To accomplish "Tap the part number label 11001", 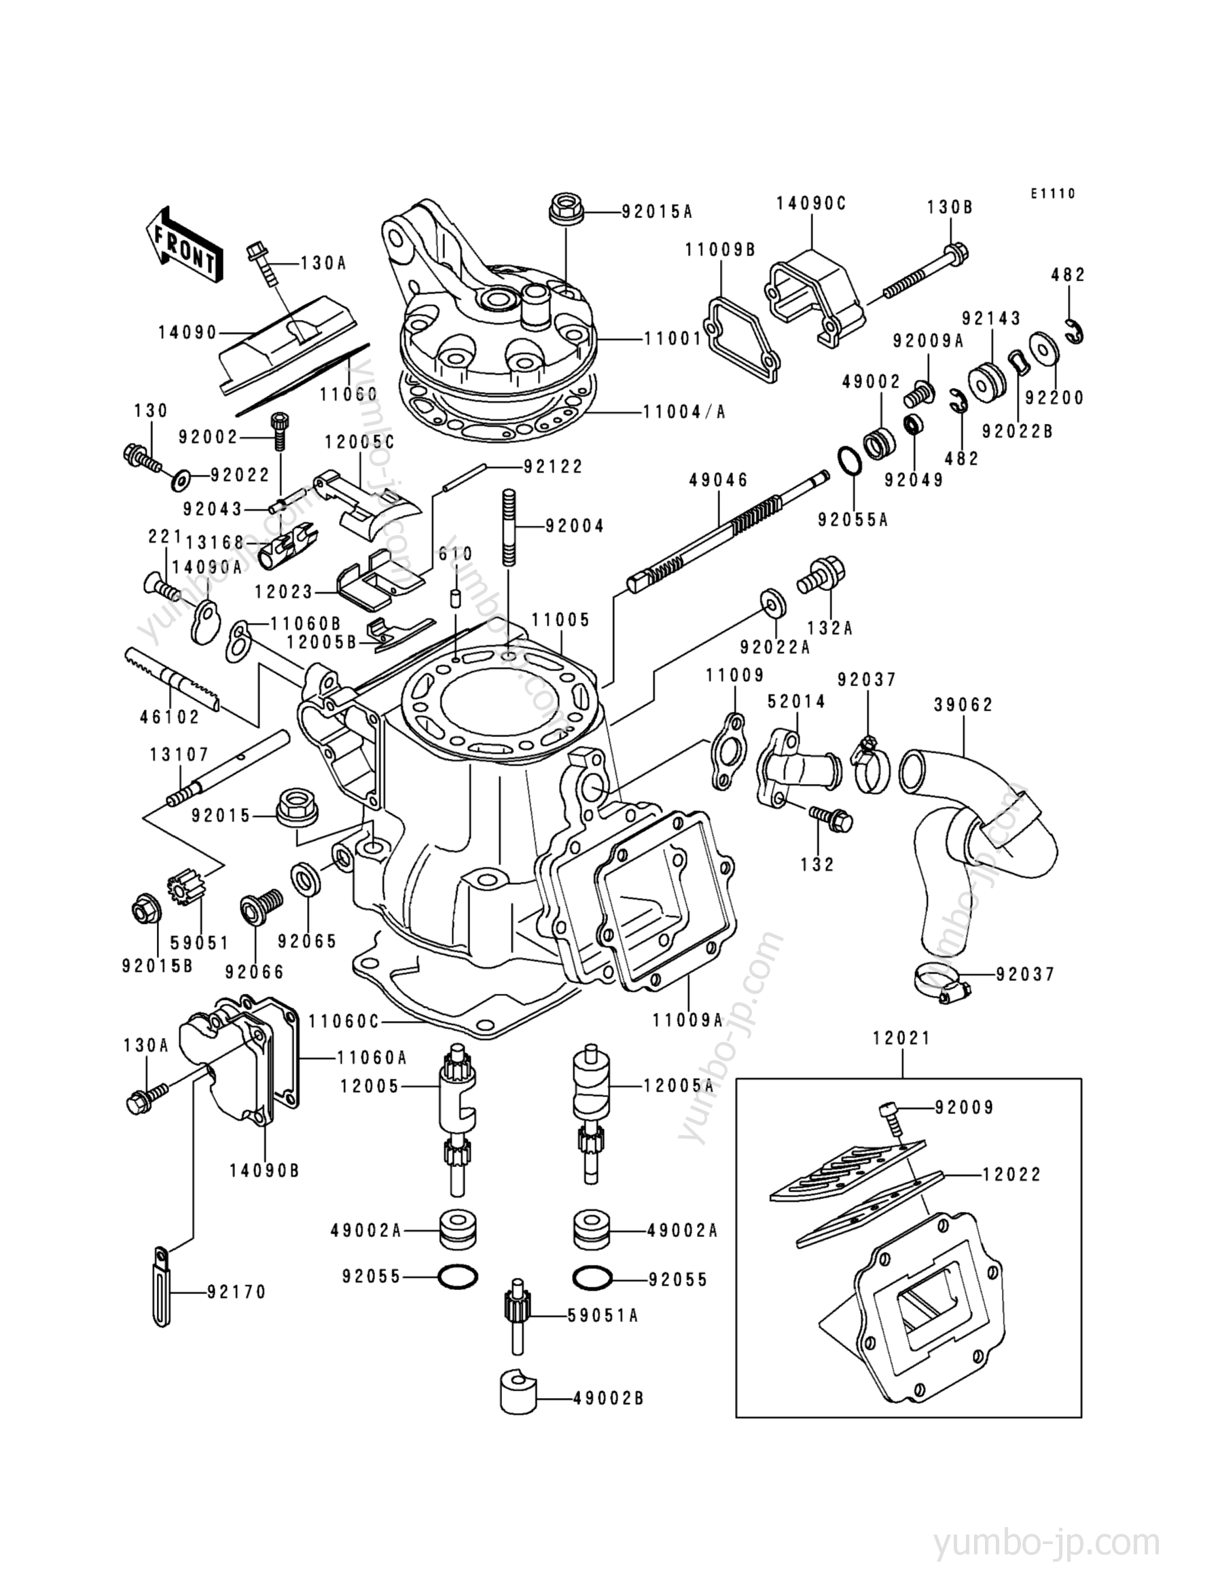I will point(673,338).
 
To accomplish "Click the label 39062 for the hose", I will point(963,704).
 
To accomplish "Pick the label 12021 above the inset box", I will point(902,1038).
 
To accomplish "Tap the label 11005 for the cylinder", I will point(560,620).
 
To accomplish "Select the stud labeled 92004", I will point(509,527).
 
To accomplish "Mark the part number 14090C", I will point(811,204).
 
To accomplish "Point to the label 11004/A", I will point(684,412).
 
